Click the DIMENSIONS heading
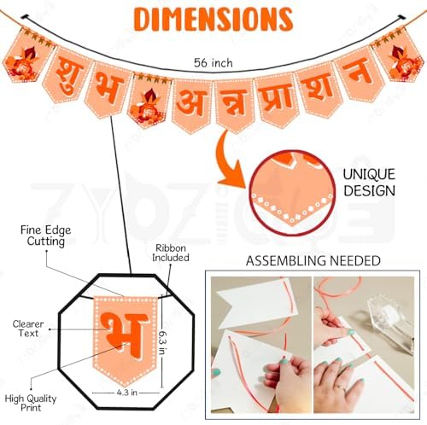(213, 19)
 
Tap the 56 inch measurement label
(213, 63)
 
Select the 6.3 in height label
(162, 342)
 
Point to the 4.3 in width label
(126, 393)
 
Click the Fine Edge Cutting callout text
(46, 236)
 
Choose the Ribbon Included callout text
(171, 253)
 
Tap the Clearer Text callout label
(28, 329)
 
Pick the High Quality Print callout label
(31, 403)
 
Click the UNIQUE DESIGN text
(369, 183)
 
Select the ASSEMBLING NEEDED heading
(313, 261)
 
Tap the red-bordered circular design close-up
(292, 193)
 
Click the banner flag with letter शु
(67, 74)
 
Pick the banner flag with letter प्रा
(276, 100)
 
